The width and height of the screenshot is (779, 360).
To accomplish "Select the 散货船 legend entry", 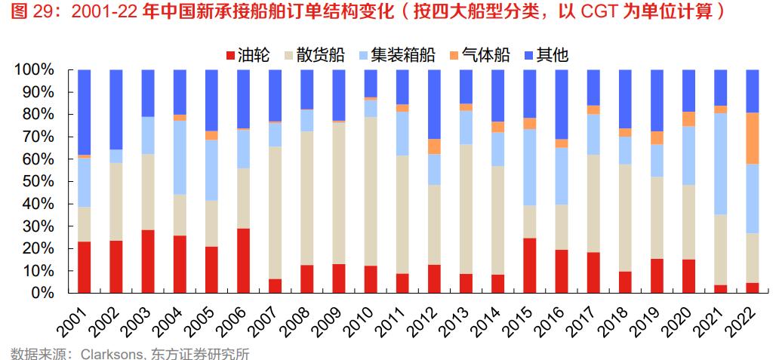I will [x=315, y=55].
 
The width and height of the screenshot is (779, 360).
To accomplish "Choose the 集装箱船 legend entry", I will [x=401, y=55].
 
